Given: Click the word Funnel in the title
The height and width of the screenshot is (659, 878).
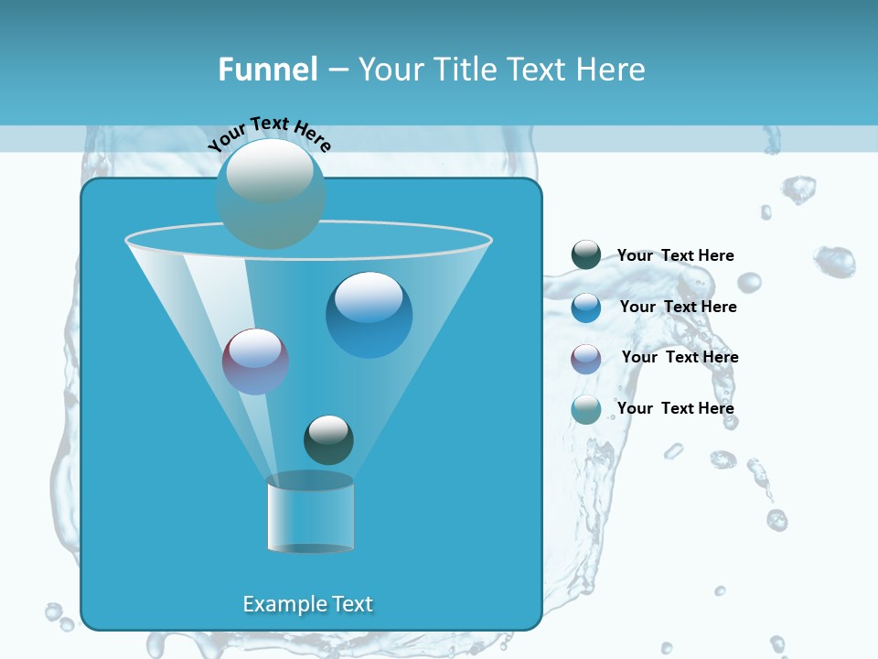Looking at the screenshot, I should coord(267,70).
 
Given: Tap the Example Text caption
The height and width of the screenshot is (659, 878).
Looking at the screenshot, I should coord(308,604).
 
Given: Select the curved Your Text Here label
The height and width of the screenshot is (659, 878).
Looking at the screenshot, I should coord(269,134).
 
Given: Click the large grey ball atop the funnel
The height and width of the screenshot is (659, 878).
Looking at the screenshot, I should coord(271,192).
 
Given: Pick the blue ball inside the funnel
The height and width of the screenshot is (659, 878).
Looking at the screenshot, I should coord(369,315).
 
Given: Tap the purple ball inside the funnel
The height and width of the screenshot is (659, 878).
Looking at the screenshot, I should coord(255,362).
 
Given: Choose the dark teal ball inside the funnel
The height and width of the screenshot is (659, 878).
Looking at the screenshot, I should coord(328,440).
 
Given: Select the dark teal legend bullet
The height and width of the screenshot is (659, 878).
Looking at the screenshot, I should coord(586,255).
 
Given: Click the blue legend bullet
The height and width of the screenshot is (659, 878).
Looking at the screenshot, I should coord(586,308).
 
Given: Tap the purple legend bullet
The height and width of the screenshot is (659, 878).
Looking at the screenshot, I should coord(586,359).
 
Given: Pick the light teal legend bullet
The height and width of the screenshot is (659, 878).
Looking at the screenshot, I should coord(586,409).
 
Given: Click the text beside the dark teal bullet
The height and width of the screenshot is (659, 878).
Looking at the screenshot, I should coord(675,256).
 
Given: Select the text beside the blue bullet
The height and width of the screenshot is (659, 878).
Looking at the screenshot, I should coord(678,308).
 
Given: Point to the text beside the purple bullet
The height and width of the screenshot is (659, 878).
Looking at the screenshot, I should coord(680,358).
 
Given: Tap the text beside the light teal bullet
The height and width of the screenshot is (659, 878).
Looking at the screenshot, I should coord(675,408).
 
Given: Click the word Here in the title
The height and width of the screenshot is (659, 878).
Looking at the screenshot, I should coord(609,70).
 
